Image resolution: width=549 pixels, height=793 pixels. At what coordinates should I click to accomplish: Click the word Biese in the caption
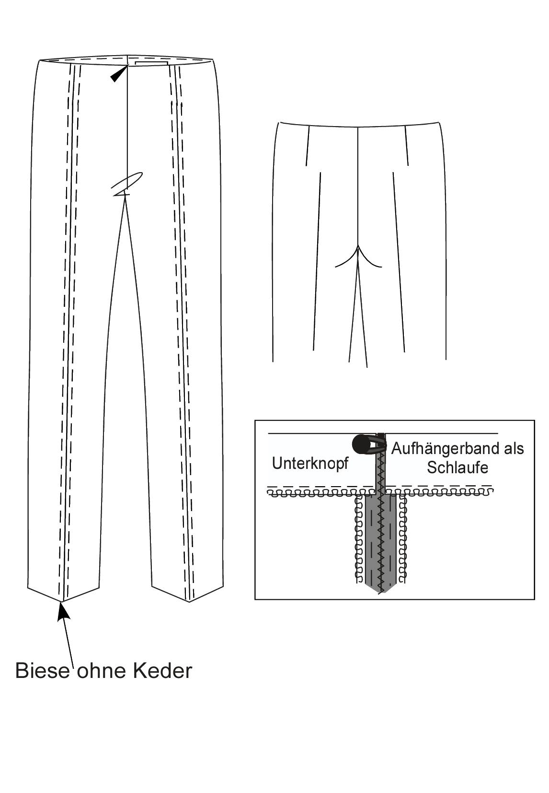43,671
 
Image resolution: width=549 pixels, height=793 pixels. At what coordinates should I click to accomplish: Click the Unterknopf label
310,464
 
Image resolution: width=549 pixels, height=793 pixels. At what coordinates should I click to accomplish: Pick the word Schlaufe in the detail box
457,467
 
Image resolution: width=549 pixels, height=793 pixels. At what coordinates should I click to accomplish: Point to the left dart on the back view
308,146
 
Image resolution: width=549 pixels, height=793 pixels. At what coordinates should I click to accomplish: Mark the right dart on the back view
406,146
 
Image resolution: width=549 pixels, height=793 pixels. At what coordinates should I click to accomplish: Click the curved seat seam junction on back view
358,252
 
